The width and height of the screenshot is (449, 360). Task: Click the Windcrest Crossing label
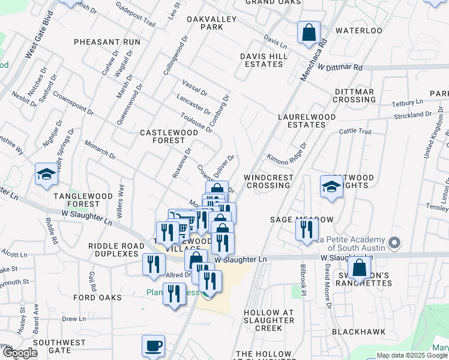(269, 182)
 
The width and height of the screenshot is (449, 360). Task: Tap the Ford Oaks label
(97, 298)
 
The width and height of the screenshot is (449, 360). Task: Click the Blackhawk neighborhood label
(358, 331)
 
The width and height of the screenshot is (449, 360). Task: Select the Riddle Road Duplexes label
(113, 250)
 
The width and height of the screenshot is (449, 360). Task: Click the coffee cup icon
(153, 346)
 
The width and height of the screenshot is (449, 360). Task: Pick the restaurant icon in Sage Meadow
(307, 229)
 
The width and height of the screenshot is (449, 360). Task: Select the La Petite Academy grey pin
(394, 244)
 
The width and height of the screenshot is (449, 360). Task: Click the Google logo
(20, 353)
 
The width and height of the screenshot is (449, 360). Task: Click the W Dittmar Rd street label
(340, 67)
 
